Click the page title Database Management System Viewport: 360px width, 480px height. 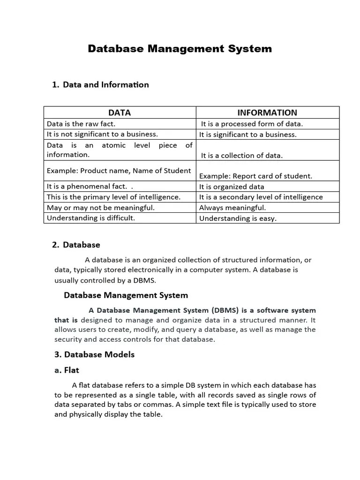180,49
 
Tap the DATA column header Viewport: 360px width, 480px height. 120,112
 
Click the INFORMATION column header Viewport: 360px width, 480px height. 267,112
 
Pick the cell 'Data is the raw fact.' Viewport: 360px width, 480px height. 81,124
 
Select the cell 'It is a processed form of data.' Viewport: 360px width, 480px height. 252,124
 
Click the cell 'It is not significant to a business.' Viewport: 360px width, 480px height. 102,135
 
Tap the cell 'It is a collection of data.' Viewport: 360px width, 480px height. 242,156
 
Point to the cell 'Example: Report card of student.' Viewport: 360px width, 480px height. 255,176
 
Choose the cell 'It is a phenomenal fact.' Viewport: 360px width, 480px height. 87,187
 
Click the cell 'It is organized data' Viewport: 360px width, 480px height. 232,187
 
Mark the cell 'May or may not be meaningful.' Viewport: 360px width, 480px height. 101,207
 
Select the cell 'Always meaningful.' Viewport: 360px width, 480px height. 232,208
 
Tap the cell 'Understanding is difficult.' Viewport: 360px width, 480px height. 91,218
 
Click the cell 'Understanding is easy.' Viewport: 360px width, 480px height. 238,218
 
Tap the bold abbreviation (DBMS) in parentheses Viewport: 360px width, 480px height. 225,310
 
